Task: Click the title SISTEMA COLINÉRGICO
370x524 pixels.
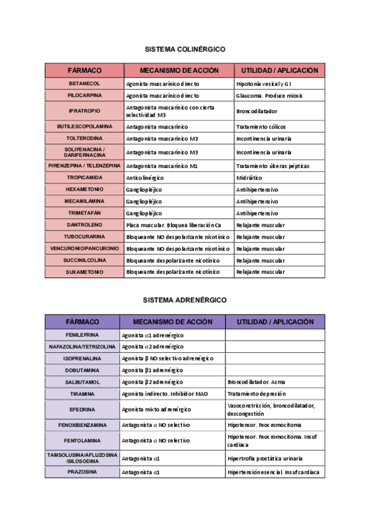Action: pos(185,48)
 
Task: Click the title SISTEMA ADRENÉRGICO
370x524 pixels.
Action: pos(185,300)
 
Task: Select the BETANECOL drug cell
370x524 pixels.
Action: pos(85,83)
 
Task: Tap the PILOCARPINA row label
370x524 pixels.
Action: pos(85,96)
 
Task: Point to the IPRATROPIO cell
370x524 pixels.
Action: pos(85,111)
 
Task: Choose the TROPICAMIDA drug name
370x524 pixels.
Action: pos(85,177)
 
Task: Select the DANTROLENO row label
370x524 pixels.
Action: pos(85,225)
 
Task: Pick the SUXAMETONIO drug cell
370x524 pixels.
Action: pos(85,272)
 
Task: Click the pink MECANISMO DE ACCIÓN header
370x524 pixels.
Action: pos(178,70)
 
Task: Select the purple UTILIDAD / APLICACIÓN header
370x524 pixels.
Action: pos(275,322)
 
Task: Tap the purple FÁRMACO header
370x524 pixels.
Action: pos(82,322)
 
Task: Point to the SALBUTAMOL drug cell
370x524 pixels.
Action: pos(82,382)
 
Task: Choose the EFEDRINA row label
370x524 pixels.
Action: pos(82,409)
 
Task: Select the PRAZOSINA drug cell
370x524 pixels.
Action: pos(82,472)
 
